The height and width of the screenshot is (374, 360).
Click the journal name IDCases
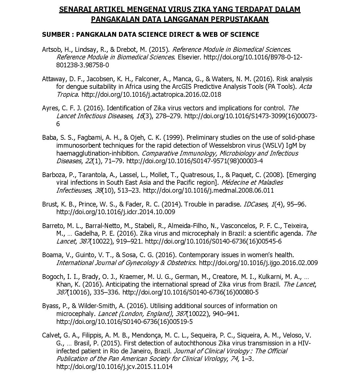point(255,204)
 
